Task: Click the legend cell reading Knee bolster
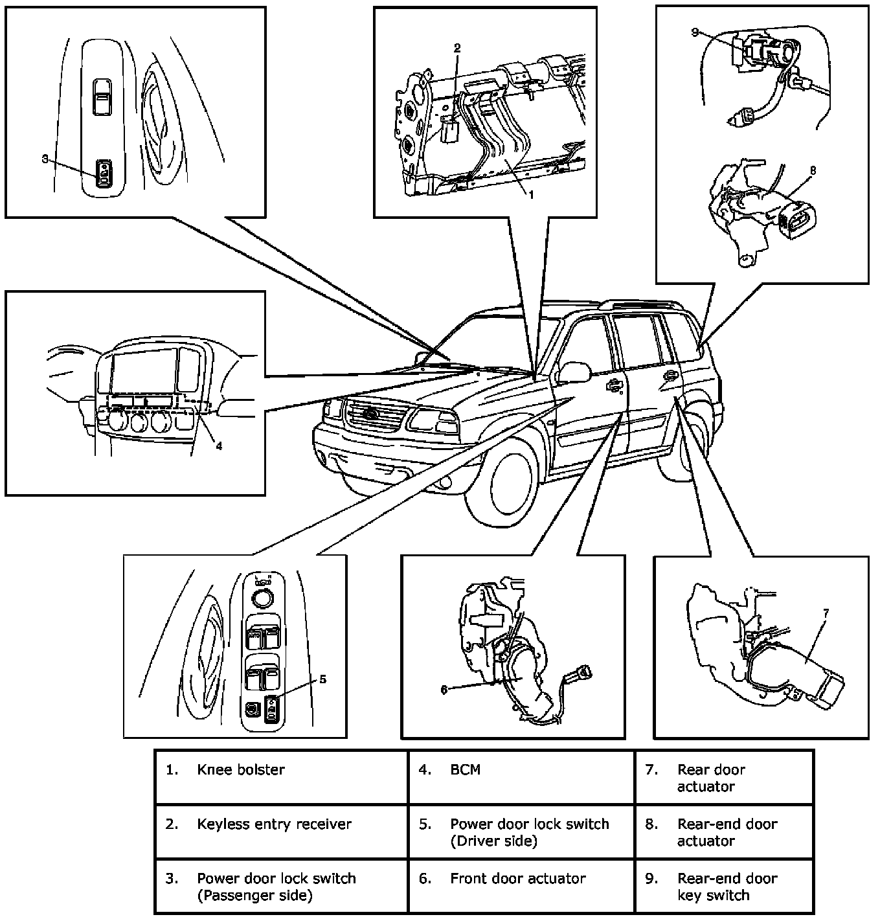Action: click(x=241, y=770)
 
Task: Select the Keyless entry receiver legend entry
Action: click(x=274, y=824)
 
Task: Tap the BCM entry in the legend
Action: click(x=465, y=770)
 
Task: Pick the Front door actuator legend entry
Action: click(x=517, y=879)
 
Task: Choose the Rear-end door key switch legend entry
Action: click(x=727, y=887)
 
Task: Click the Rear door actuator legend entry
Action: click(x=711, y=778)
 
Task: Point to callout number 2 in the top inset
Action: click(x=457, y=48)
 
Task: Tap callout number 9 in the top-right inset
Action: click(x=695, y=32)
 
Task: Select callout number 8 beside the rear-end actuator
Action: click(x=813, y=171)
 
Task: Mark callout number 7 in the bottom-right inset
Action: click(x=826, y=612)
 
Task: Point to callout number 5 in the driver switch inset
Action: click(x=322, y=679)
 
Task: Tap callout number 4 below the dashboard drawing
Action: click(x=219, y=446)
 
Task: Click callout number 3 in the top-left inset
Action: click(x=45, y=158)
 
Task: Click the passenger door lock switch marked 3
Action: click(x=104, y=173)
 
